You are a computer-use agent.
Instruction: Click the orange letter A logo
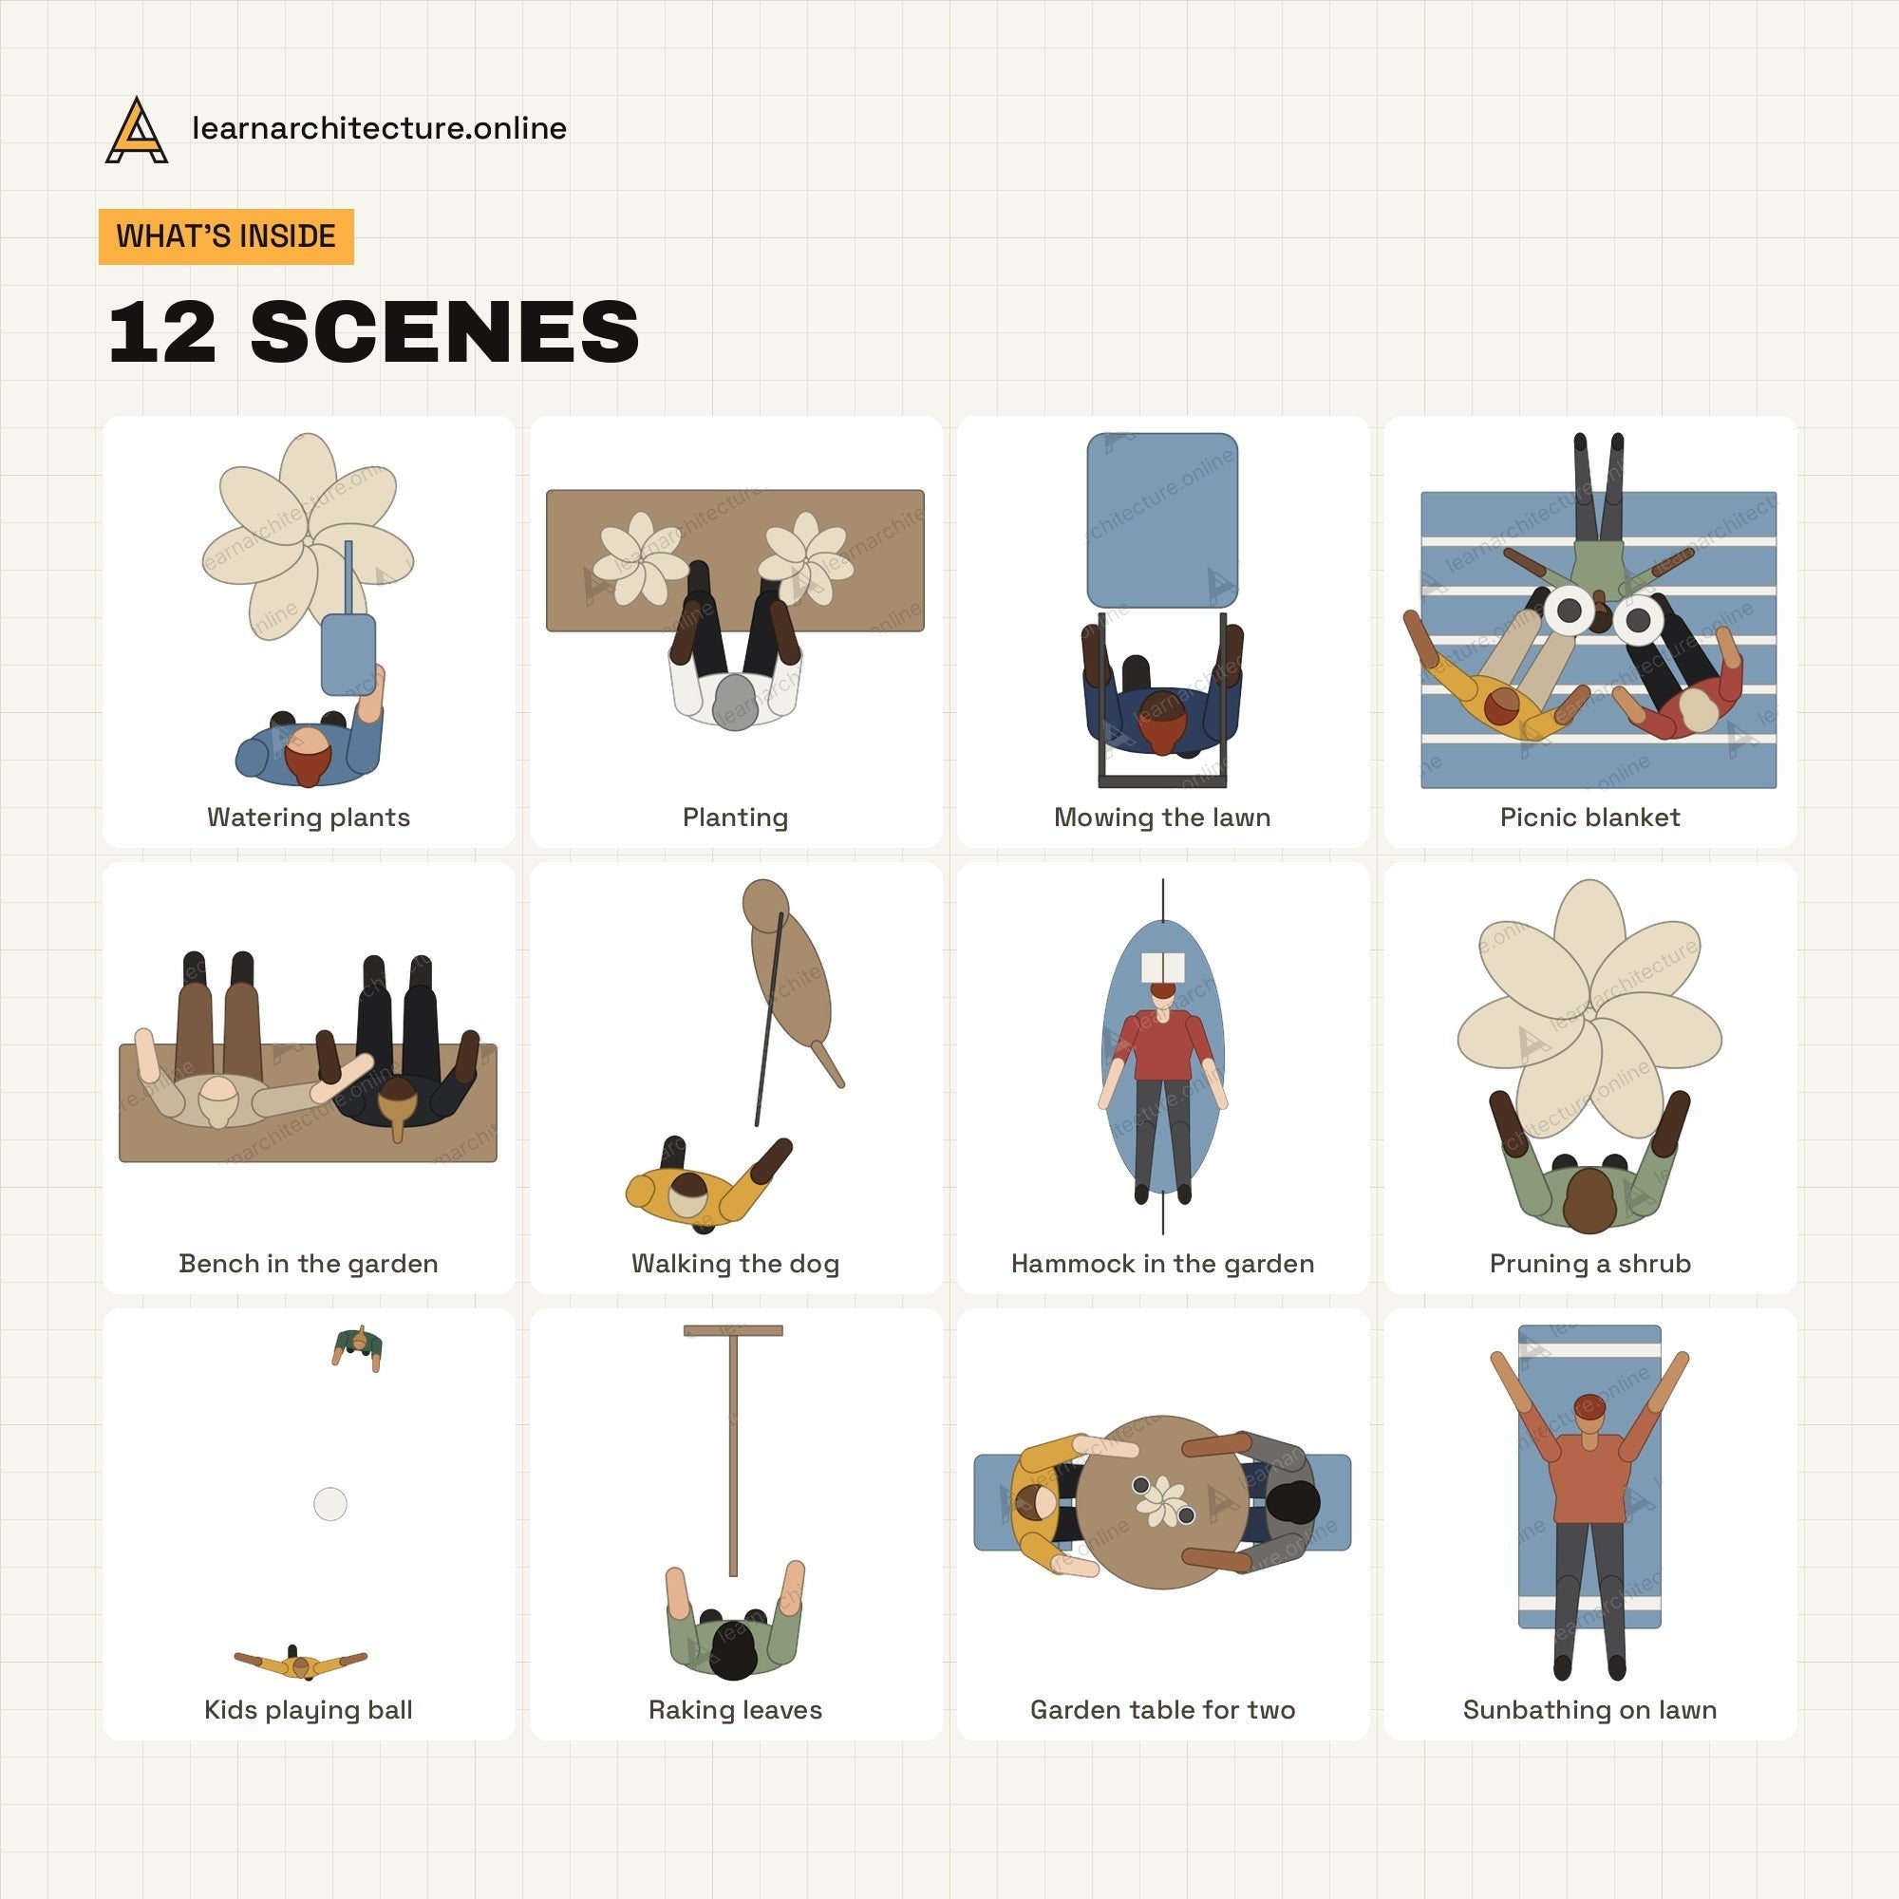click(x=137, y=130)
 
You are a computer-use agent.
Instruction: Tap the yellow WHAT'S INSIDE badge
click(x=226, y=236)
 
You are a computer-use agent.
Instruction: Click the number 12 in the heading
click(x=163, y=332)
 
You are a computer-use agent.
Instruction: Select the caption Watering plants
click(x=309, y=818)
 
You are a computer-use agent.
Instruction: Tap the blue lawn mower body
click(x=1162, y=520)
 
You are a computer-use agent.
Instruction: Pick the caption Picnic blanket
click(x=1589, y=818)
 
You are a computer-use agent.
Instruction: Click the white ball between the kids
click(x=330, y=1504)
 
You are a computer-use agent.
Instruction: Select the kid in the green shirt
click(x=357, y=1346)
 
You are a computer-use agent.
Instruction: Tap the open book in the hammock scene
click(x=1164, y=967)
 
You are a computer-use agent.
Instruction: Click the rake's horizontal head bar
click(x=733, y=1331)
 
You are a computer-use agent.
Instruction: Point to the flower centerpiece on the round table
click(x=1162, y=1501)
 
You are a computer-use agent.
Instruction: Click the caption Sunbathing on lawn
click(x=1589, y=1710)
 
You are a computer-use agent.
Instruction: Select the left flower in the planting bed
click(x=643, y=559)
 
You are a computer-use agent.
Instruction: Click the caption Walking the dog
click(x=735, y=1264)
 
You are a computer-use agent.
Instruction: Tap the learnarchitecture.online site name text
click(x=380, y=129)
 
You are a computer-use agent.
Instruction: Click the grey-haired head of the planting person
click(x=734, y=701)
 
